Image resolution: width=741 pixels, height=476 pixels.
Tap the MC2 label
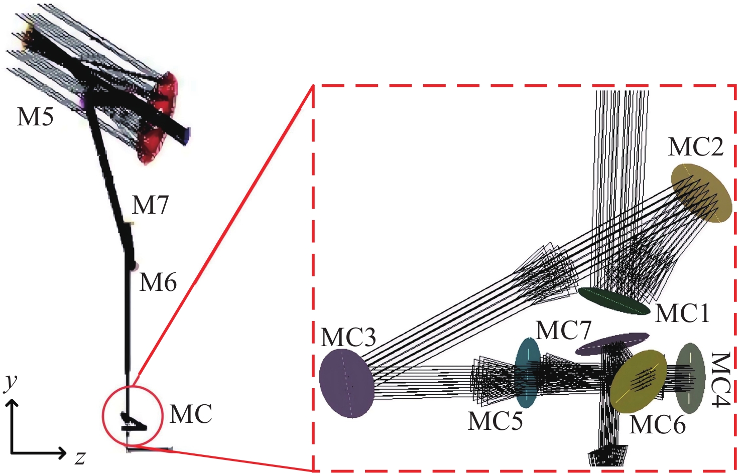click(x=696, y=147)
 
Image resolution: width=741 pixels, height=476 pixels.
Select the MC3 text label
click(x=348, y=338)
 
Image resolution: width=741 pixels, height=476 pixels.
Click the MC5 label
click(x=495, y=421)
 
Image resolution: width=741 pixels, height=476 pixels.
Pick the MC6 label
click(x=657, y=425)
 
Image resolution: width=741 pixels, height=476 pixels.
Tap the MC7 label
click(x=563, y=330)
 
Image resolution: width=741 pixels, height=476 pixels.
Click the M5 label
click(x=35, y=117)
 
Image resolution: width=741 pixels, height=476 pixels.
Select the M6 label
click(x=158, y=282)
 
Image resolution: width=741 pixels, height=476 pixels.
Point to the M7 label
click(x=150, y=205)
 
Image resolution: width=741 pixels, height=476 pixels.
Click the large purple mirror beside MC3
click(x=346, y=383)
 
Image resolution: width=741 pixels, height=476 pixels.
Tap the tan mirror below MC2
click(x=701, y=193)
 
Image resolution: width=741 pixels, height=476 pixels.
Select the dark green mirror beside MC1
click(x=614, y=301)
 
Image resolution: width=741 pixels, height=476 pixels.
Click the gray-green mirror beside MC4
click(x=690, y=378)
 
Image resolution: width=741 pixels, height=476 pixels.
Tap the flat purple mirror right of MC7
click(x=612, y=344)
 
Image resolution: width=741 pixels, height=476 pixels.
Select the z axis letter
click(x=80, y=458)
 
